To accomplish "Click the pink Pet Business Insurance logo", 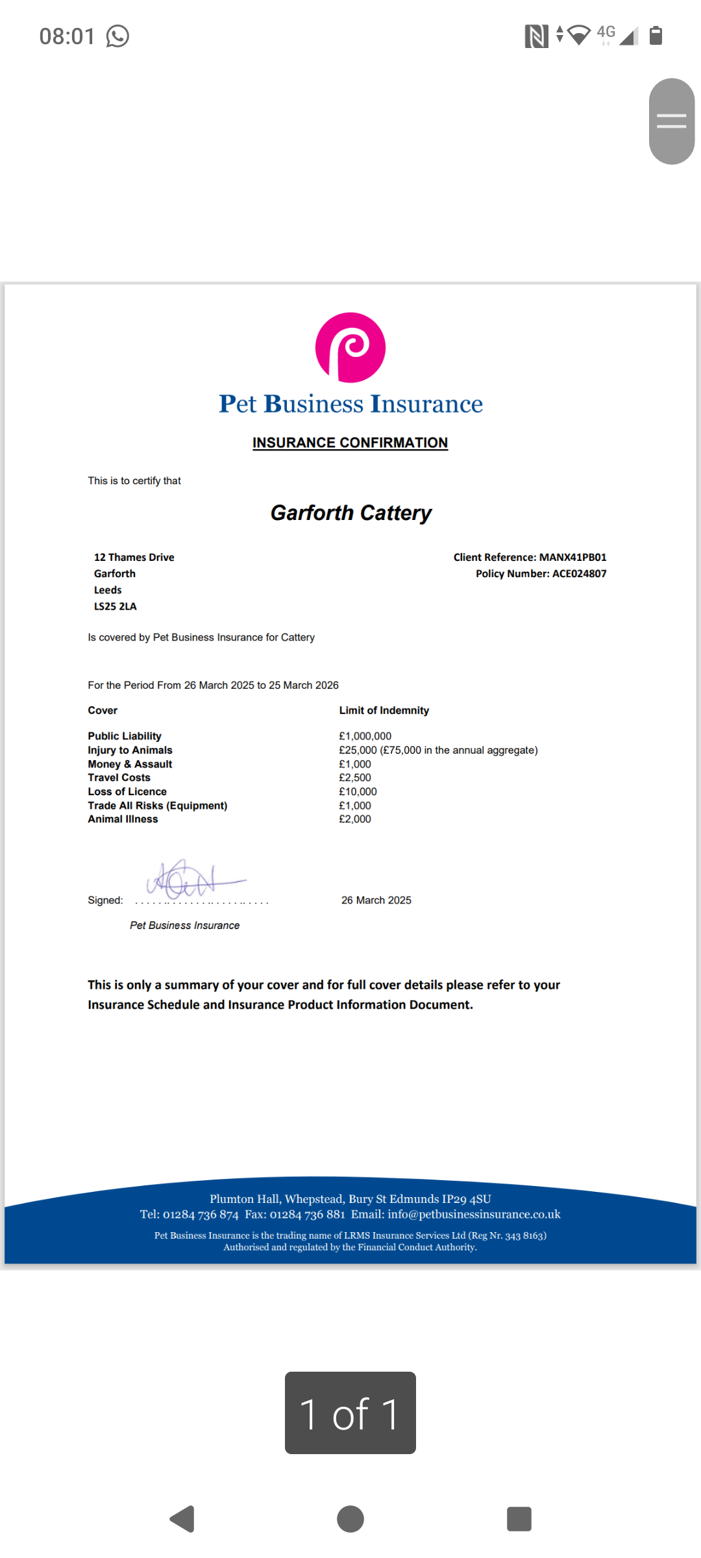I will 350,347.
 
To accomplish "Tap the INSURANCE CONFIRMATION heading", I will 350,443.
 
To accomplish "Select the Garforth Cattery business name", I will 350,513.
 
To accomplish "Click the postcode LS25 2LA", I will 116,606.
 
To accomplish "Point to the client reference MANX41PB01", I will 572,557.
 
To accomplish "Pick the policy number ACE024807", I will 579,574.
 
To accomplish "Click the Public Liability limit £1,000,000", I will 365,736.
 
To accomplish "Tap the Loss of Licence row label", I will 127,792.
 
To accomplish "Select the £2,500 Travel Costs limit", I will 355,778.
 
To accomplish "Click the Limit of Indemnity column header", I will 384,711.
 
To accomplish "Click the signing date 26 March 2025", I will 376,900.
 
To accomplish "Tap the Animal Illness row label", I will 123,819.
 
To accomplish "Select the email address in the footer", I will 474,1215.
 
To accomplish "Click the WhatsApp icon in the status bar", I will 117,36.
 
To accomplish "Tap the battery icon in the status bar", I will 656,36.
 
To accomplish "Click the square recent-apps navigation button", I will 519,1519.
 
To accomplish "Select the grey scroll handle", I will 672,121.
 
